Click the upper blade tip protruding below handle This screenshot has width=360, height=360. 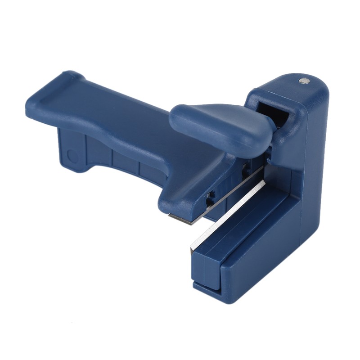click(x=182, y=218)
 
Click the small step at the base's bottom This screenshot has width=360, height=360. click(x=207, y=286)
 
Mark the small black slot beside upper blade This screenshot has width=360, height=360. click(x=210, y=198)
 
